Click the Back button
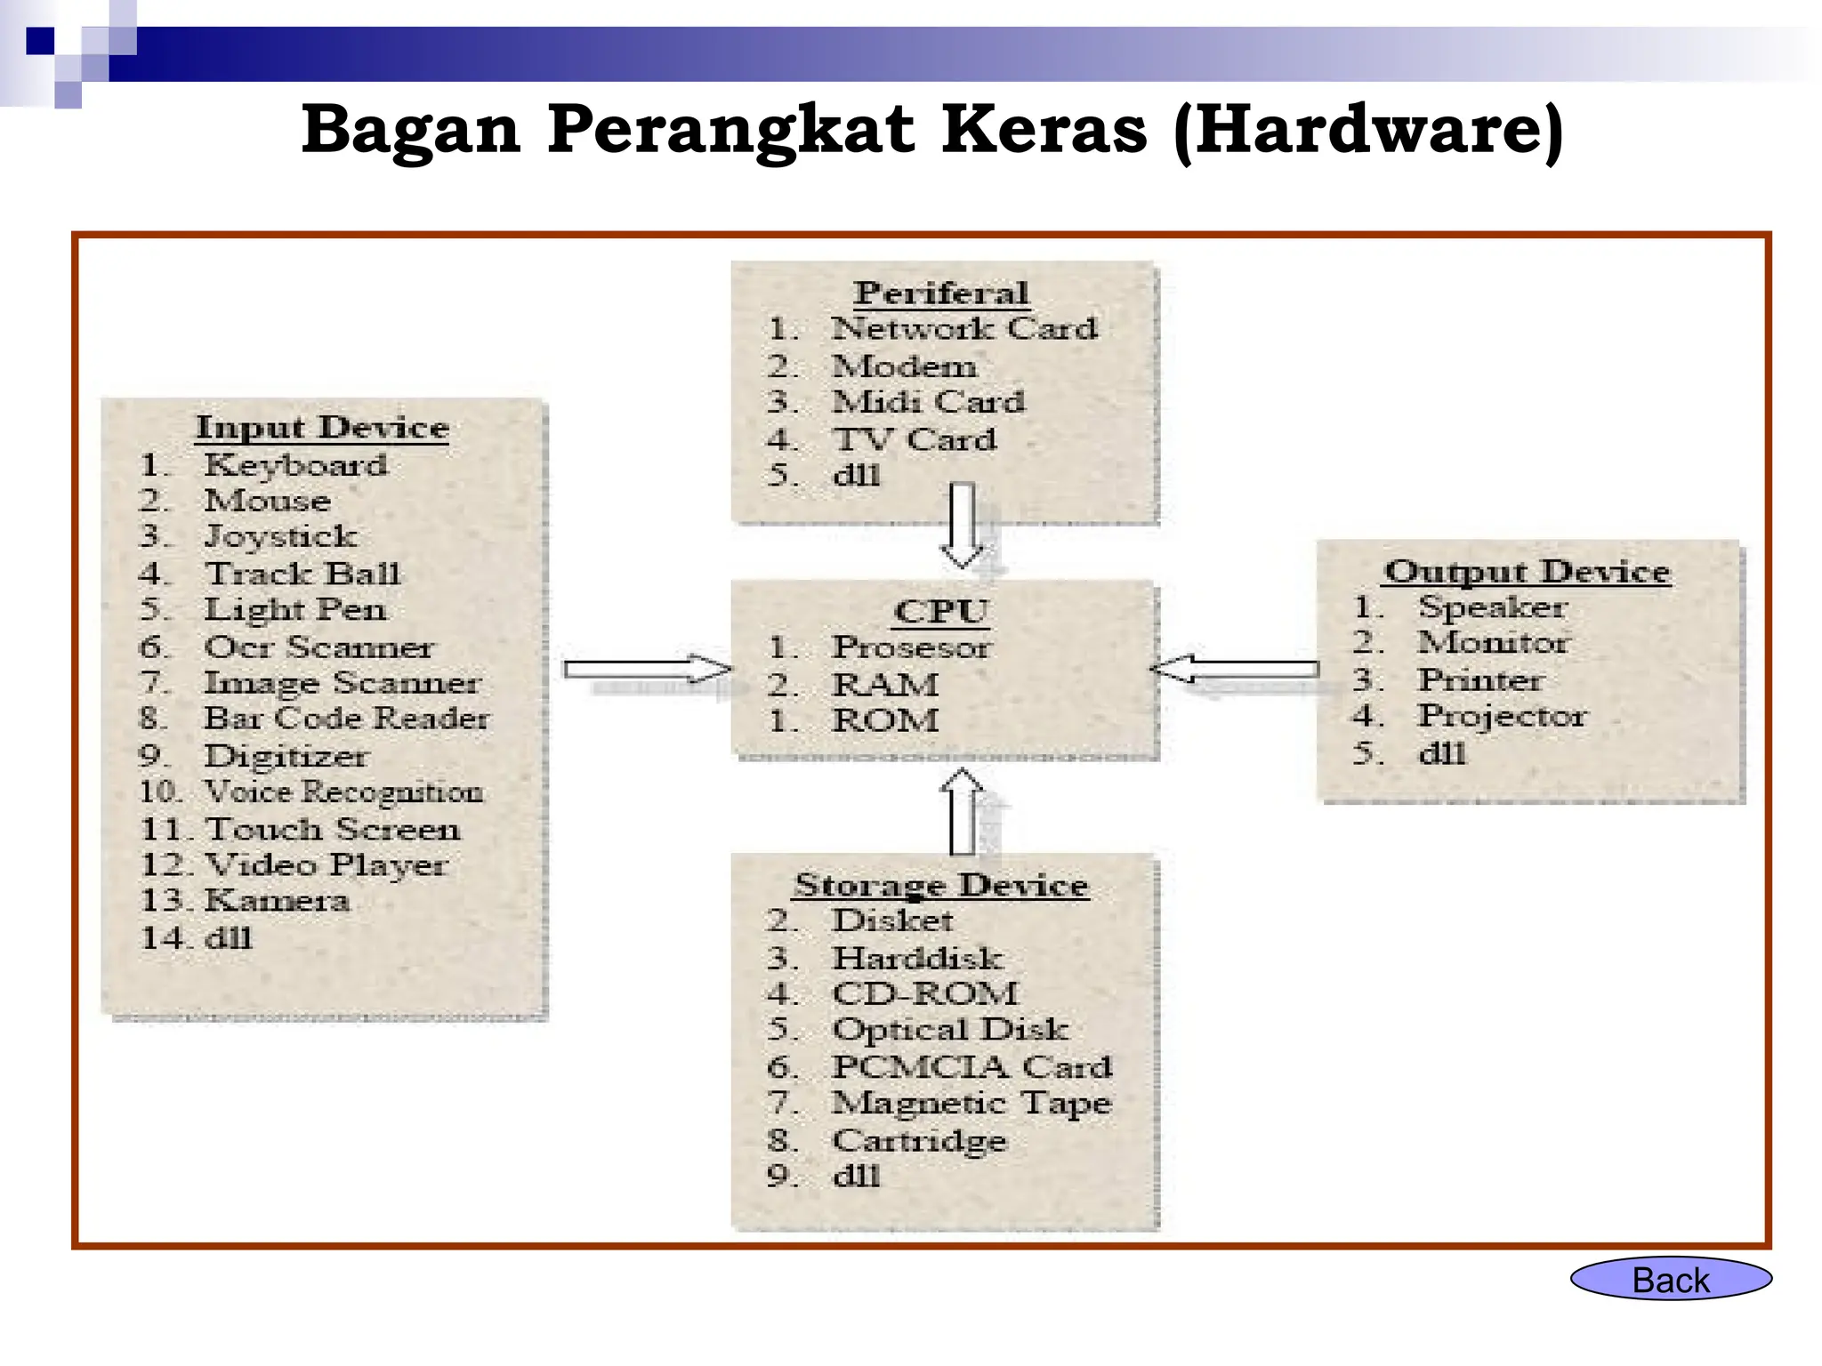(x=1671, y=1280)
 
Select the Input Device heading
(x=322, y=428)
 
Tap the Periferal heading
(x=941, y=293)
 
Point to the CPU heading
(x=941, y=612)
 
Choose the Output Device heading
(x=1527, y=571)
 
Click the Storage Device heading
(x=941, y=885)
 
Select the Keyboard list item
(x=295, y=465)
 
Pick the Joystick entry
(x=280, y=537)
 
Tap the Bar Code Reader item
(x=346, y=719)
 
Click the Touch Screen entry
(x=333, y=829)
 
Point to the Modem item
(x=904, y=366)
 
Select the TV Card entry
(x=915, y=439)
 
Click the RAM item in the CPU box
(x=885, y=685)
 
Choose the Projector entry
(x=1502, y=716)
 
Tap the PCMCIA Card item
(x=971, y=1066)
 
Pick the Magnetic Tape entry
(x=971, y=1103)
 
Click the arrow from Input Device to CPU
(x=647, y=669)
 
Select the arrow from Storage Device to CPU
(x=963, y=811)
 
